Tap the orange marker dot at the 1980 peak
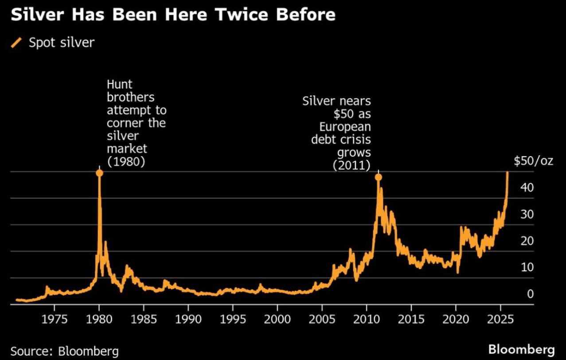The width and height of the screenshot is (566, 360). coord(99,173)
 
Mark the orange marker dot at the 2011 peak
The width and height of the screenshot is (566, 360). coord(378,177)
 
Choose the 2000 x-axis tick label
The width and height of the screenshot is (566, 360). coord(277,319)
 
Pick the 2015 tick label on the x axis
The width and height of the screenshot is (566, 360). coord(411,319)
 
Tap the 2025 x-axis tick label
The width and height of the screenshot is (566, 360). coord(500,319)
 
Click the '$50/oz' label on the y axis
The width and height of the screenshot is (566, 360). coord(534,161)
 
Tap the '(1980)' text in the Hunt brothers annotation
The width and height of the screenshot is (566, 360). coord(126,161)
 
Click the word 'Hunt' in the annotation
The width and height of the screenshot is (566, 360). coord(120,84)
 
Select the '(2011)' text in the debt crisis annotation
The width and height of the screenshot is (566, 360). coord(351,165)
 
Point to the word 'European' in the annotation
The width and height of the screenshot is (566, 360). coord(345,127)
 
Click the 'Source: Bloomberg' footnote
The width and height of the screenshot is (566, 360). coord(65,352)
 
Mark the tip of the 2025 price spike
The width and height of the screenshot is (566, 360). coord(507,172)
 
